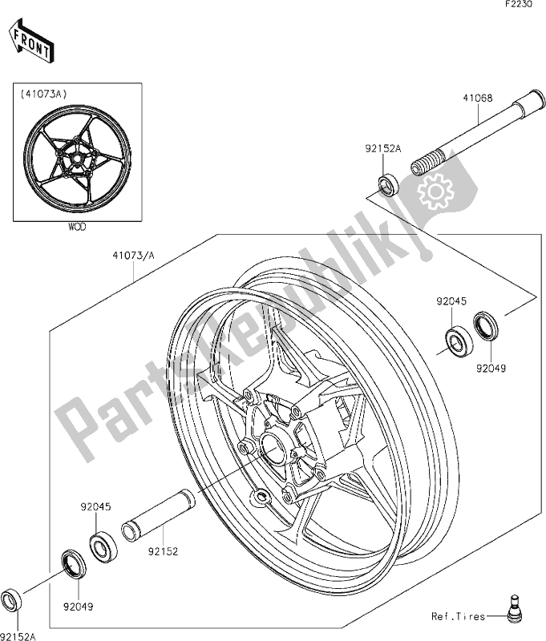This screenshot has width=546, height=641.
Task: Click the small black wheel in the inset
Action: click(77, 159)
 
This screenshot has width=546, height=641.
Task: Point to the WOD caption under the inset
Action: click(77, 227)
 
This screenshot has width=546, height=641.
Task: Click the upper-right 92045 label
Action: click(451, 302)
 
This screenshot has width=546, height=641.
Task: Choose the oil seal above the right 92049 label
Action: click(485, 324)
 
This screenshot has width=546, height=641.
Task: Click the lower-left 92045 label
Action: click(95, 506)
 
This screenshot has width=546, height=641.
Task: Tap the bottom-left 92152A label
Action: click(18, 633)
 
